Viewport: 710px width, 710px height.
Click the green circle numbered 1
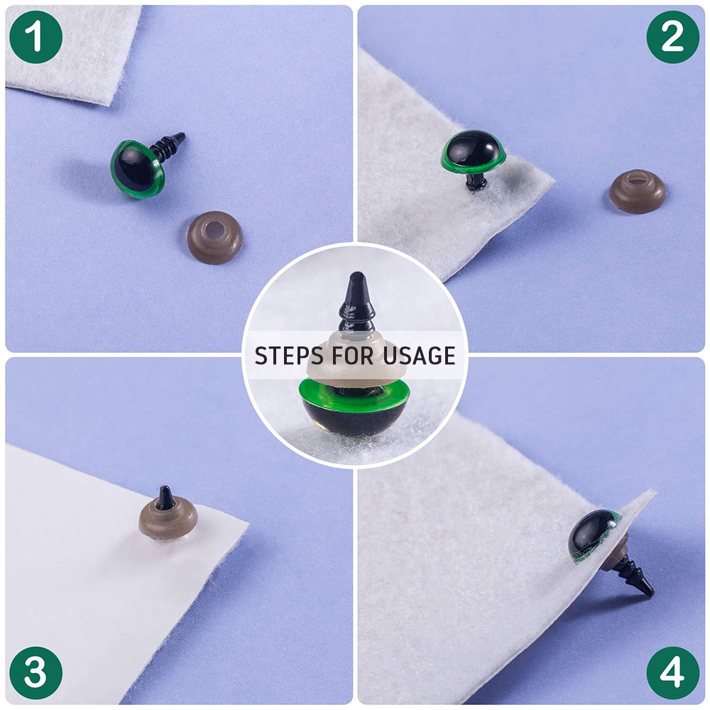click(35, 37)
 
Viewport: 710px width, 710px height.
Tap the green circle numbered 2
click(673, 37)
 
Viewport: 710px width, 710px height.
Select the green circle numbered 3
click(35, 673)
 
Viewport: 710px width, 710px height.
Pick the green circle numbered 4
click(673, 673)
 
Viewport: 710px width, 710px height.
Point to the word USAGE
click(419, 356)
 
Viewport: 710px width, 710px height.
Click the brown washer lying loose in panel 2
click(638, 190)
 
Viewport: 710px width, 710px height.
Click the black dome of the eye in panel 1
click(133, 168)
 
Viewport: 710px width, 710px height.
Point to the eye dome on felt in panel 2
click(473, 148)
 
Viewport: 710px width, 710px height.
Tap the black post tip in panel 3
click(165, 497)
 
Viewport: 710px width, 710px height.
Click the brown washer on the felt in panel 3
click(168, 518)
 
